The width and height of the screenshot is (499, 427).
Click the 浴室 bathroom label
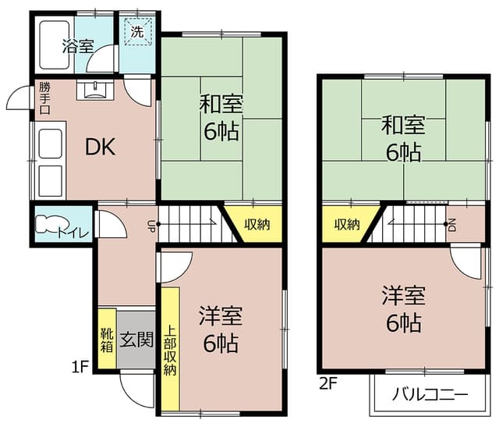78,47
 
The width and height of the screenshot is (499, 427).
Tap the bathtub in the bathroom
55,44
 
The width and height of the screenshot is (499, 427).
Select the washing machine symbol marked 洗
137,31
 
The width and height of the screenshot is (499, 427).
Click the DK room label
101,147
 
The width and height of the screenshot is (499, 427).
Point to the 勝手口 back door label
45,98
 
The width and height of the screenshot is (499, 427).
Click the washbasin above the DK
95,91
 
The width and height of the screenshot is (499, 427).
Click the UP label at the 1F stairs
150,226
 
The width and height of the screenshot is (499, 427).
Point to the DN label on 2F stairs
452,226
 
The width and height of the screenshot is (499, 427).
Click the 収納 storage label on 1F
257,225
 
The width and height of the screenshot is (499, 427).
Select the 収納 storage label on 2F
347,225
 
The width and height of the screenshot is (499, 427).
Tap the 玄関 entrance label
136,340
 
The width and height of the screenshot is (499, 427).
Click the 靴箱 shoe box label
107,340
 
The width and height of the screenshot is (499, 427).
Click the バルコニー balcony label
430,394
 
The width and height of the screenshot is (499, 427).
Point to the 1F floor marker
80,367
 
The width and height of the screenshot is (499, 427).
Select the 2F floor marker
327,383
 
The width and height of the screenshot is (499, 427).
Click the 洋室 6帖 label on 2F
404,309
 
